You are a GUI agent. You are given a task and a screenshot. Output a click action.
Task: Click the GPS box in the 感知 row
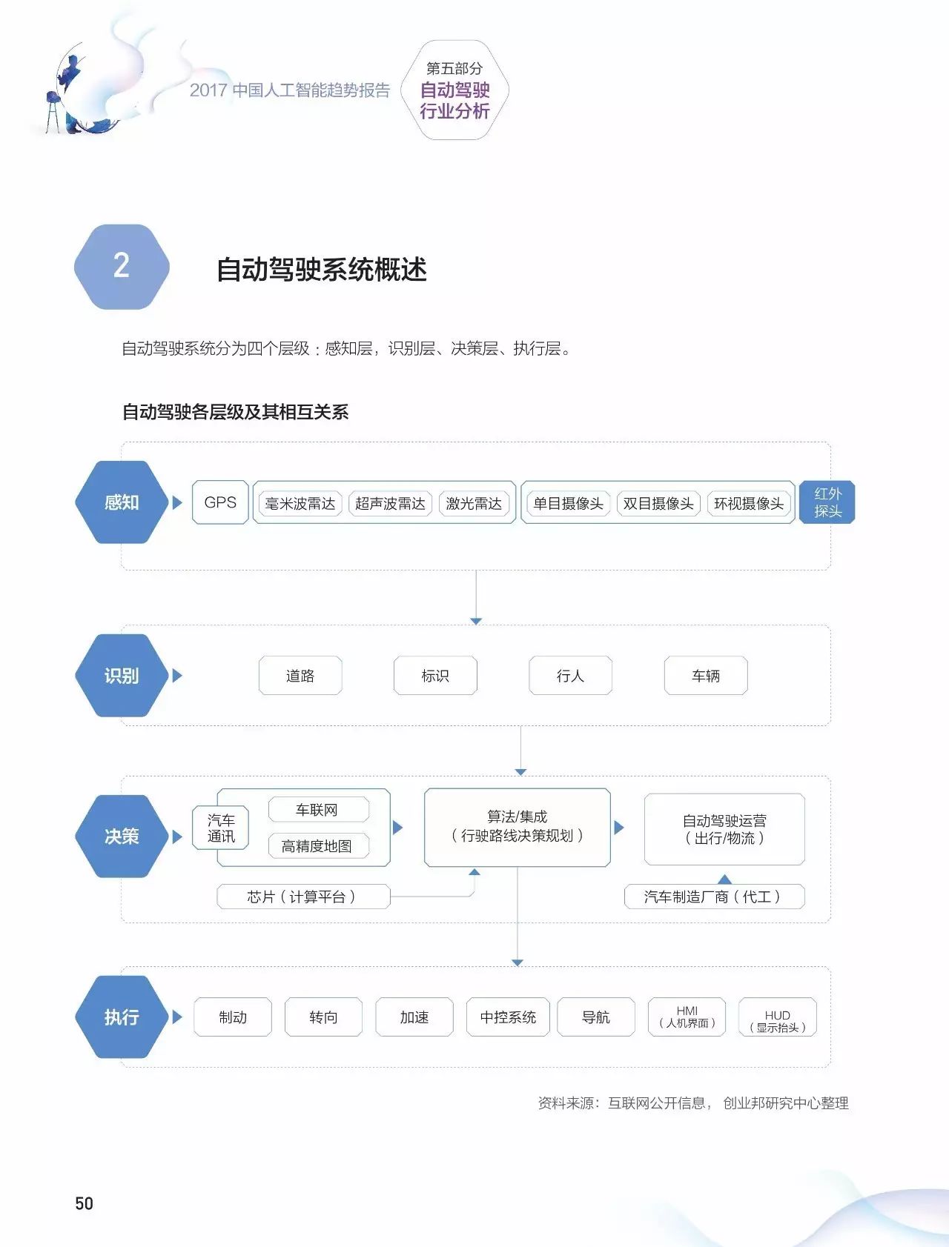pyautogui.click(x=220, y=502)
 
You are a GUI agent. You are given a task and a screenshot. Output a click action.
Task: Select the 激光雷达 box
pyautogui.click(x=474, y=504)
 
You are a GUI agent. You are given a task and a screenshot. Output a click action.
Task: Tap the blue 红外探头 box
pyautogui.click(x=827, y=502)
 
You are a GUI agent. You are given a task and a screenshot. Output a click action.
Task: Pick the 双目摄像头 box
pyautogui.click(x=658, y=504)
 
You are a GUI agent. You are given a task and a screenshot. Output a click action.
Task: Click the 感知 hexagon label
pyautogui.click(x=122, y=502)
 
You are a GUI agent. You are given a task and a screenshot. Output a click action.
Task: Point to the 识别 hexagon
pyautogui.click(x=122, y=676)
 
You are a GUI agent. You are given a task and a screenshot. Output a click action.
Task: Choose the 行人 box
pyautogui.click(x=570, y=676)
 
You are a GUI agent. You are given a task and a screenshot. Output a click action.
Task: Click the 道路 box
pyautogui.click(x=300, y=676)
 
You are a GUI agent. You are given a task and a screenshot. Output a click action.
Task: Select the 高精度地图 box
pyautogui.click(x=317, y=846)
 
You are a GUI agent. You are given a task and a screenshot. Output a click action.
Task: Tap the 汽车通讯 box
pyautogui.click(x=221, y=828)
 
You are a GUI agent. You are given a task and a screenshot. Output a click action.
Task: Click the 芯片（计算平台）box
pyautogui.click(x=302, y=897)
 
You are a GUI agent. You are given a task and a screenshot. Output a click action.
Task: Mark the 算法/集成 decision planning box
pyautogui.click(x=518, y=827)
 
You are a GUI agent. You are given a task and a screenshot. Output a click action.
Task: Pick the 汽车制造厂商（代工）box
pyautogui.click(x=713, y=897)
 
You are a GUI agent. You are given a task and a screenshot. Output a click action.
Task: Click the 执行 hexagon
pyautogui.click(x=122, y=1017)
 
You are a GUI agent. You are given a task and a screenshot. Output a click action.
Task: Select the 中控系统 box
pyautogui.click(x=508, y=1017)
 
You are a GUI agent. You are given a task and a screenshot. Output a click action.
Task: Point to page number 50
pyautogui.click(x=84, y=1203)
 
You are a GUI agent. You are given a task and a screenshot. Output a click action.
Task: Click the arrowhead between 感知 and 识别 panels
pyautogui.click(x=476, y=621)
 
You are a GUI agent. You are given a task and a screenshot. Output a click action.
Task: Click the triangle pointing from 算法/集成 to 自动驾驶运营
pyautogui.click(x=619, y=827)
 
